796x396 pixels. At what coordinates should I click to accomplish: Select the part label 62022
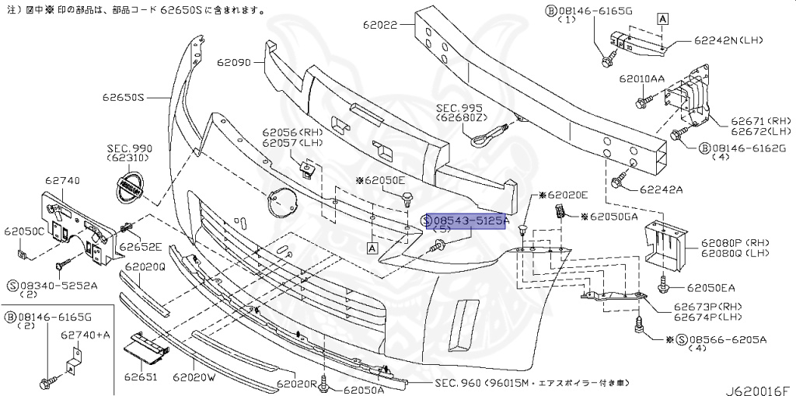[380, 25]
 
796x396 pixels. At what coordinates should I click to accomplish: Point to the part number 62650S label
[124, 98]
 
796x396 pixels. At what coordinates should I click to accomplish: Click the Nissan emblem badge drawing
[124, 188]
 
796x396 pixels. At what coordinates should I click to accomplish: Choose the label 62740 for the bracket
[62, 180]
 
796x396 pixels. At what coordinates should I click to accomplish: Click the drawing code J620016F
[759, 384]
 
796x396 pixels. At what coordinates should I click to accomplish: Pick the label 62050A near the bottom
[365, 390]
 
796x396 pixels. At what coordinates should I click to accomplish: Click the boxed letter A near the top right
[662, 18]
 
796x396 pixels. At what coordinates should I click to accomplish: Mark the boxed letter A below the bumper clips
[372, 248]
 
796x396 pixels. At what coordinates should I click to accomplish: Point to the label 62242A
[662, 189]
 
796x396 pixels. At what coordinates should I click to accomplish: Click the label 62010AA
[641, 79]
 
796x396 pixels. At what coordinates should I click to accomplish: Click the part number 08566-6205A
[726, 339]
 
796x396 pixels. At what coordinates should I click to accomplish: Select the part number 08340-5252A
[58, 285]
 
